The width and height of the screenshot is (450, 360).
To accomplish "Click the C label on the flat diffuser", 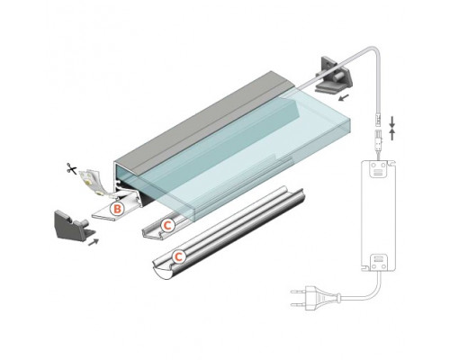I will pyautogui.click(x=166, y=222).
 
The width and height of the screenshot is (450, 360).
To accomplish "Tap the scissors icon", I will pyautogui.click(x=68, y=166).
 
